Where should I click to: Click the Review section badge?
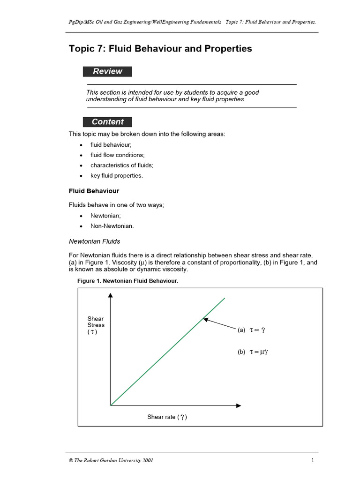coord(107,72)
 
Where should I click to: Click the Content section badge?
coord(107,122)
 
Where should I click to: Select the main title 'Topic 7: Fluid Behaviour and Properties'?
coord(160,49)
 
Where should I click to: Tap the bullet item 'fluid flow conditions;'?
coord(117,155)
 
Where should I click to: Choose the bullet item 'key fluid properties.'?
coord(117,176)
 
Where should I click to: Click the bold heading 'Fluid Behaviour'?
coord(94,191)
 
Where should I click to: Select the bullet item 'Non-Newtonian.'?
coord(112,226)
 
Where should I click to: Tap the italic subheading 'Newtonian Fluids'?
coord(94,241)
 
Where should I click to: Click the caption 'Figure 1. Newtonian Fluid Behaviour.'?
coord(128,281)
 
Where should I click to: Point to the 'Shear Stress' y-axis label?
coord(96,325)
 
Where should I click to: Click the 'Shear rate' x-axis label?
coord(167,417)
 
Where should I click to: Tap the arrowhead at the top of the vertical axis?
coord(111,295)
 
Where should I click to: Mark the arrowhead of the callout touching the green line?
coord(205,319)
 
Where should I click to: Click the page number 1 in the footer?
coord(312,460)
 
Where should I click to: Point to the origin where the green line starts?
coord(111,405)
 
